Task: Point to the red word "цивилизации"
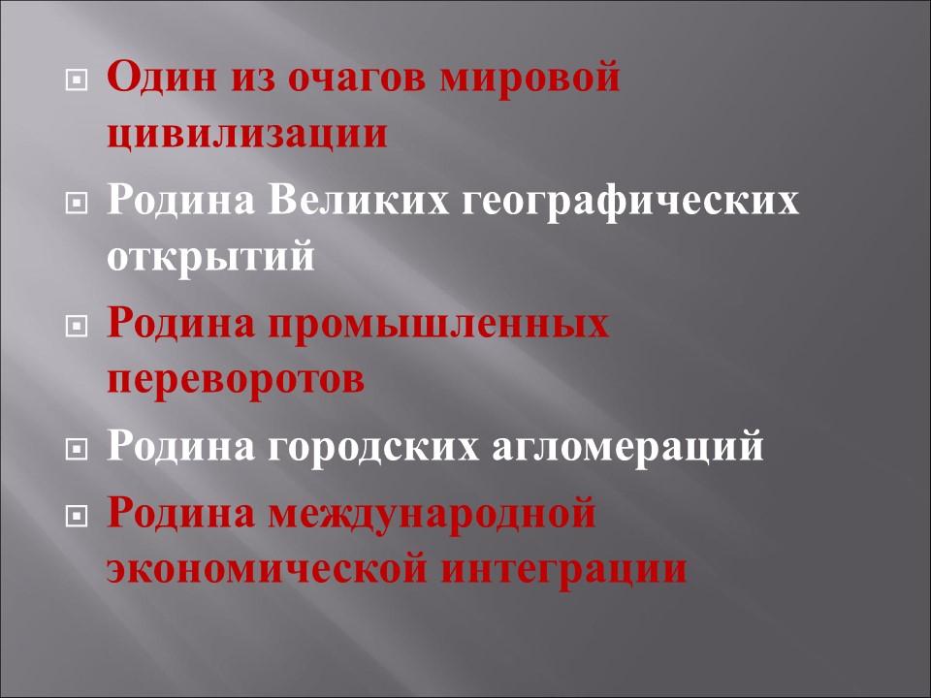[247, 134]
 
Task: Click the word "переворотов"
[236, 380]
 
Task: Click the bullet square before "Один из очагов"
[75, 79]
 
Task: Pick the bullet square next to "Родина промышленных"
[75, 325]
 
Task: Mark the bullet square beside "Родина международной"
[75, 513]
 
